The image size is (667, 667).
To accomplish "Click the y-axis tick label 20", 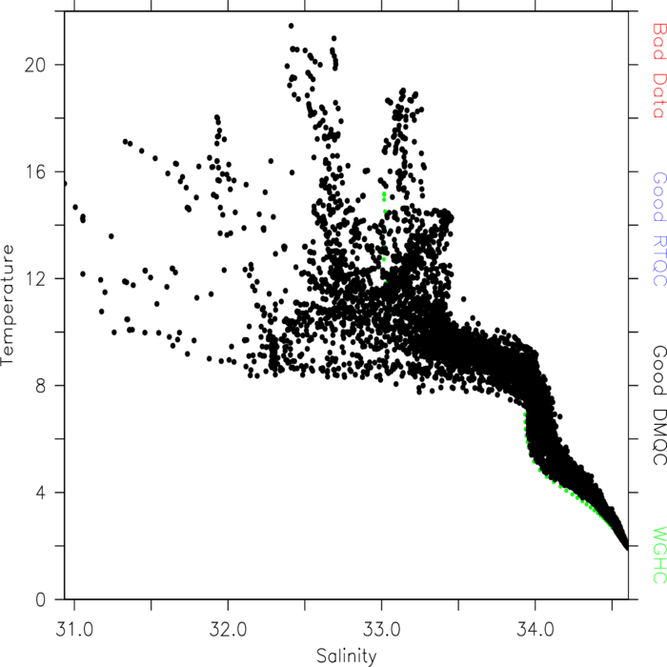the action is (35, 65).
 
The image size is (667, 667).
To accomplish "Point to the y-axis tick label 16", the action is (35, 172).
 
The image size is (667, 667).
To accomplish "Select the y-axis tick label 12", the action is (35, 279).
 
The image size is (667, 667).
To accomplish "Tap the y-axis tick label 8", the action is (40, 386).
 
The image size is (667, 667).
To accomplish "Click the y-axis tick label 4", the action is (40, 493).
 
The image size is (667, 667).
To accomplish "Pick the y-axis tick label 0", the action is (40, 599).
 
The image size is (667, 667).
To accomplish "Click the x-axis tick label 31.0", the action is (74, 629).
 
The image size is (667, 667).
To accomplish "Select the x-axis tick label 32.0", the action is (228, 629).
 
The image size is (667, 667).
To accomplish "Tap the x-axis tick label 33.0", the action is (381, 629).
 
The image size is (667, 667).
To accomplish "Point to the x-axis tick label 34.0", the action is (536, 629).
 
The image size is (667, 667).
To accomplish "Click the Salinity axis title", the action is (347, 657).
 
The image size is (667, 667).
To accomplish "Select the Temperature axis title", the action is (8, 305).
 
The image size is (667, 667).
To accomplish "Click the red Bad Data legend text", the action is (658, 71).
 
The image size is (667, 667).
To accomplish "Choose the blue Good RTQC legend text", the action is (658, 230).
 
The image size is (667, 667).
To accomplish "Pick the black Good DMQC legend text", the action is (658, 405).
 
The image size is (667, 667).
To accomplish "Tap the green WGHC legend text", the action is (658, 556).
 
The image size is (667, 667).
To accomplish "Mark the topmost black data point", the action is (291, 26).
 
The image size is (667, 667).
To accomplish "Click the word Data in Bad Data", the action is (658, 95).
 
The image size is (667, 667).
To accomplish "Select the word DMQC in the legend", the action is (658, 437).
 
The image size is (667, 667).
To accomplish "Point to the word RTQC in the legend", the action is (658, 261).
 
